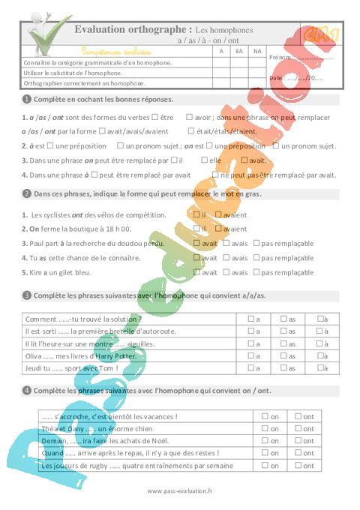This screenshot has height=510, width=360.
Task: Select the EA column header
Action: pos(238,51)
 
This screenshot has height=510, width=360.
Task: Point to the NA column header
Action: pos(257,51)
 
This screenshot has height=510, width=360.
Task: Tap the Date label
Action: pos(275,77)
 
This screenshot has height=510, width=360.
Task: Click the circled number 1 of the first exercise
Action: pos(27,99)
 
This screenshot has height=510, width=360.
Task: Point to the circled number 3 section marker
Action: pos(27,295)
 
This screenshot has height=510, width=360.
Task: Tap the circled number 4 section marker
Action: pos(27,391)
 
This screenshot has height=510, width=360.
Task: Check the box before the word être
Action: pos(154,117)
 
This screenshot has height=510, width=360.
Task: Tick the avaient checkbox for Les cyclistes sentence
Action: pos(217,214)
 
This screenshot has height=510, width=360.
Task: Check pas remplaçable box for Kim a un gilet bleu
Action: pos(256,272)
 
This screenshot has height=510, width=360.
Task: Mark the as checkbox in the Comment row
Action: pos(283,319)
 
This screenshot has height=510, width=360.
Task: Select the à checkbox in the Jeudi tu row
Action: pos(319,368)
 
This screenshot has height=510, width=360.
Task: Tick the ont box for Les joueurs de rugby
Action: pos(298,465)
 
